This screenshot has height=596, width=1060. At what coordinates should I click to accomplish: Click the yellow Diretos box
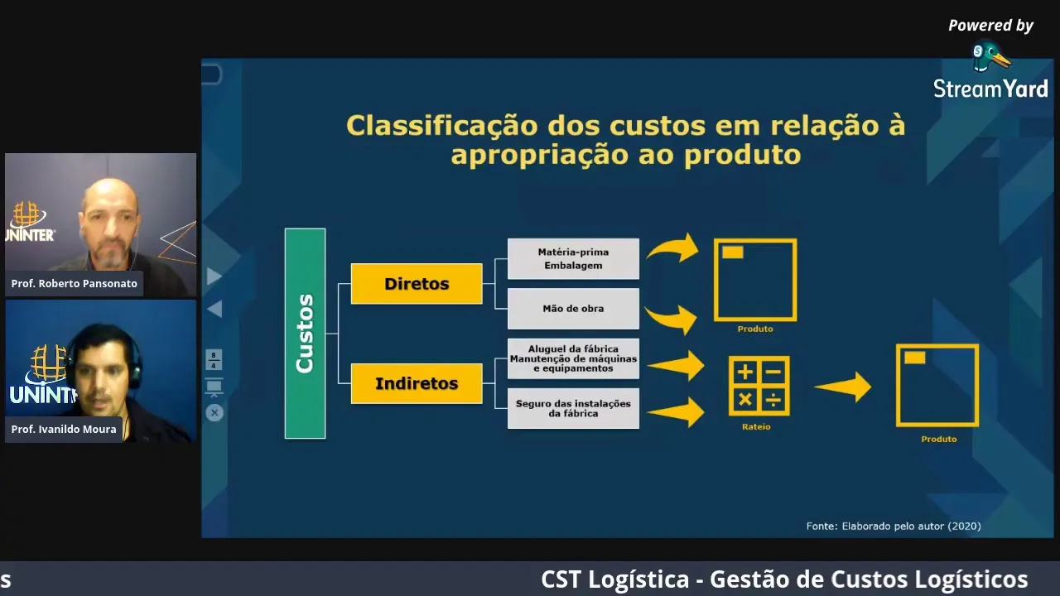[417, 284]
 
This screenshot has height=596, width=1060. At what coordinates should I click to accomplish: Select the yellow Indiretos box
[417, 383]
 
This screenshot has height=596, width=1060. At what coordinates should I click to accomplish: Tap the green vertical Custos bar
[305, 334]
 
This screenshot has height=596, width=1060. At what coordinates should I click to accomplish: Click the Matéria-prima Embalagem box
[573, 258]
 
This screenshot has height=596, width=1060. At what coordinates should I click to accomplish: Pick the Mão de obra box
[573, 309]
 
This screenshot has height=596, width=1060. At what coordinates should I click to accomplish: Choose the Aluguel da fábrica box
[573, 358]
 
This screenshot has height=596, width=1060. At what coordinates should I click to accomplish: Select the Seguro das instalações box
[573, 408]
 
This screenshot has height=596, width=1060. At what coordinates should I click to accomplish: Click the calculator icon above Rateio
[759, 386]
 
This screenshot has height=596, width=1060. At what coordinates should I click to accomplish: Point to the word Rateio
[756, 427]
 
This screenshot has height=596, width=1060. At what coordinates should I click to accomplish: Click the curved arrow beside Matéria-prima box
[673, 248]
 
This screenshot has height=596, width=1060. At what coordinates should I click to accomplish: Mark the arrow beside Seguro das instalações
[677, 411]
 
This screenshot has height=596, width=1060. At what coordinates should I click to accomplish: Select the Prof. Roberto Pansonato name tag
[75, 283]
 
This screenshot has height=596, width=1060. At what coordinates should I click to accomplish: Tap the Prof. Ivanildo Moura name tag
[64, 429]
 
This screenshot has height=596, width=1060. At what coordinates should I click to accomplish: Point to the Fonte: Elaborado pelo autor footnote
[894, 526]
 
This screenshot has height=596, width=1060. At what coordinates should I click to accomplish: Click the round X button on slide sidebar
[214, 412]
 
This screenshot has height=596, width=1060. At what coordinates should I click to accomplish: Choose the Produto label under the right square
[939, 440]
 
